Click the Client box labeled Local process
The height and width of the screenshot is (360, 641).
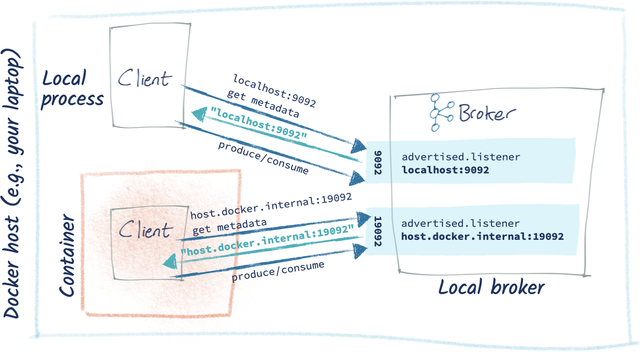pyautogui.click(x=149, y=77)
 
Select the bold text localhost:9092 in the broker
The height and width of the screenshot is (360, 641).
pyautogui.click(x=445, y=170)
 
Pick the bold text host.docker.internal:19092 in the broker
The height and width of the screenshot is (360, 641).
pyautogui.click(x=482, y=237)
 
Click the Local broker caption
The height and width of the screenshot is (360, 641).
pyautogui.click(x=491, y=288)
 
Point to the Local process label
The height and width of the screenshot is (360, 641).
pyautogui.click(x=72, y=88)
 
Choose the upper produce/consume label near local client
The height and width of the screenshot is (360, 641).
pyautogui.click(x=263, y=157)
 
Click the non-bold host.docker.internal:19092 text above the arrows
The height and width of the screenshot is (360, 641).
pyautogui.click(x=271, y=206)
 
